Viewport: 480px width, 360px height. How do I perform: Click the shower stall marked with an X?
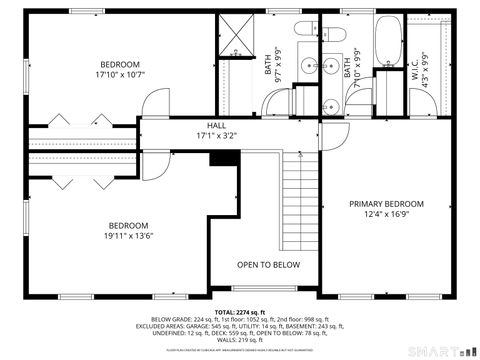pyautogui.click(x=236, y=39)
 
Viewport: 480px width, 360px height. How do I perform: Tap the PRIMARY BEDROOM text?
pyautogui.click(x=386, y=204)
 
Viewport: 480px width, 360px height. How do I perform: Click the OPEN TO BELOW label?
pyautogui.click(x=268, y=265)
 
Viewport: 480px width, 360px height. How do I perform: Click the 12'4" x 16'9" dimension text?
pyautogui.click(x=386, y=215)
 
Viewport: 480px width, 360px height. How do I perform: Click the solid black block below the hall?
pyautogui.click(x=218, y=157)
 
